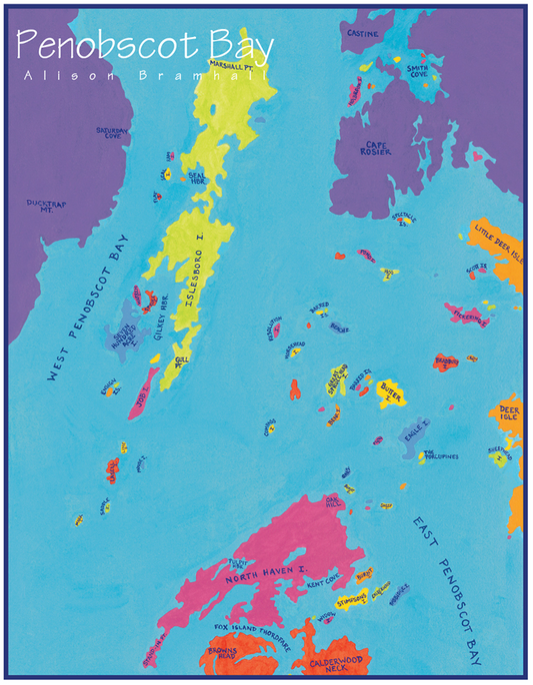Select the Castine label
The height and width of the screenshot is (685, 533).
[362, 33]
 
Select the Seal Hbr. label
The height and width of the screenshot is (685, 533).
[196, 177]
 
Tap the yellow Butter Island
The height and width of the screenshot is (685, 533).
[391, 392]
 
